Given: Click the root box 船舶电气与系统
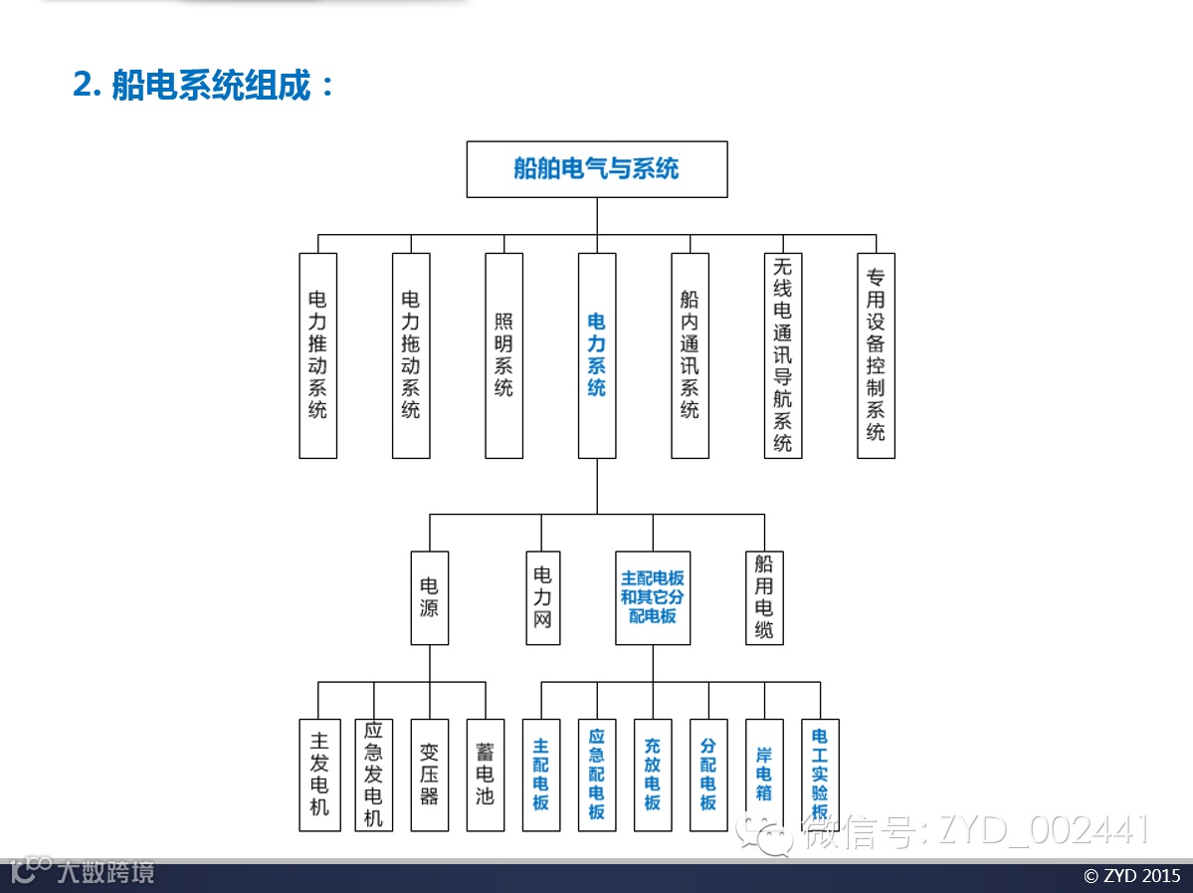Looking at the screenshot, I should tap(597, 169).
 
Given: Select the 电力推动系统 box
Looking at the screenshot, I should tap(318, 355).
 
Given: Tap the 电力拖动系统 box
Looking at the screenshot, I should tap(411, 355).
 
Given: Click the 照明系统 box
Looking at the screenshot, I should tap(504, 355).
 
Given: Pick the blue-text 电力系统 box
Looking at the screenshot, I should tap(597, 355).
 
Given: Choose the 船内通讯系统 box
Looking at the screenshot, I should tap(691, 355).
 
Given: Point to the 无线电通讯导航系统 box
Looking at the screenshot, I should tap(783, 355).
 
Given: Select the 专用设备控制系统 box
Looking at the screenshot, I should tap(876, 355).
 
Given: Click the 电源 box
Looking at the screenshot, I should tap(430, 597).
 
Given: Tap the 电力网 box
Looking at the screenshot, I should tap(542, 597).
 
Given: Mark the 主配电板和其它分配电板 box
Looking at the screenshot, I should tap(653, 597).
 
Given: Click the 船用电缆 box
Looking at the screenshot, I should tap(764, 597).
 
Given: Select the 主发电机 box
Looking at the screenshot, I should tap(318, 775).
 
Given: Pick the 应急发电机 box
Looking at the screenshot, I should tap(374, 775).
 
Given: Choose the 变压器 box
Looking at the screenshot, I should tap(430, 775).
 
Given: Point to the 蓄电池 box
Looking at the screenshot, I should tap(486, 775).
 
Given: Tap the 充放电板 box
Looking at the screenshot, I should tap(653, 775).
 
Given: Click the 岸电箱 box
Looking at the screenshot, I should tap(764, 775).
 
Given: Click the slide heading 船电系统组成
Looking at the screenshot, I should tap(205, 86).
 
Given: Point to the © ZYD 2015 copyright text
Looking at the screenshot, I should tap(1131, 876).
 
